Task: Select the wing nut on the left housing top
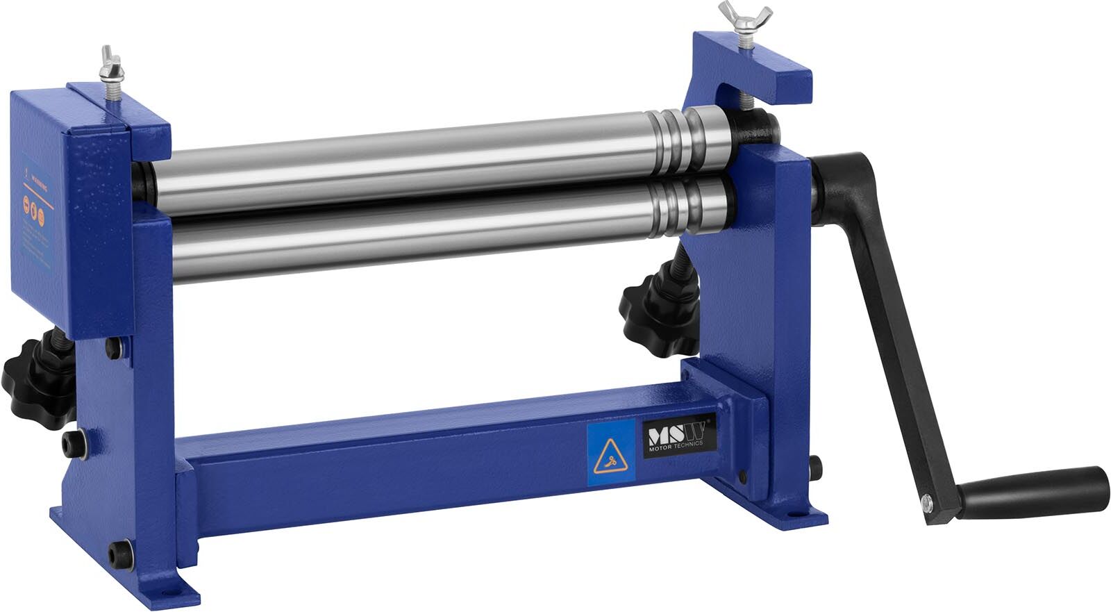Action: (x=110, y=64)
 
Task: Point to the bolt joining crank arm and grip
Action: (x=926, y=498)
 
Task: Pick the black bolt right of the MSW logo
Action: (x=744, y=477)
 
